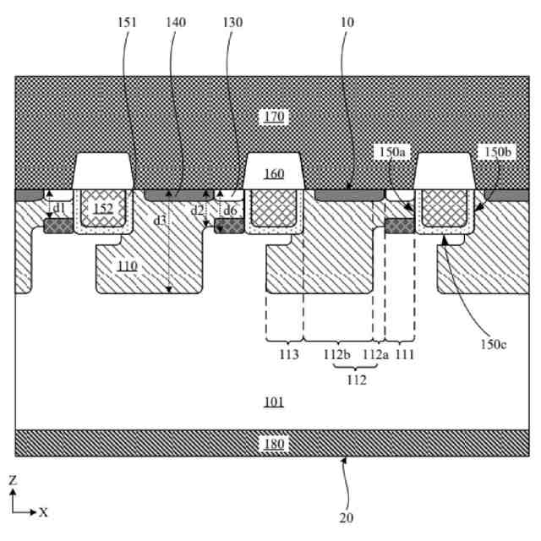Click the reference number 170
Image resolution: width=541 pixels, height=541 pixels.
click(x=273, y=117)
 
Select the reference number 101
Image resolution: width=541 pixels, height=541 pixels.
click(x=272, y=402)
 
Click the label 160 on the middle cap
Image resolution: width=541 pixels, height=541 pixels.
click(x=273, y=175)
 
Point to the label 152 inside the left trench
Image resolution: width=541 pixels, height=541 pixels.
click(x=103, y=208)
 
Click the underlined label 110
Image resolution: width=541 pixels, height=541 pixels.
click(x=128, y=265)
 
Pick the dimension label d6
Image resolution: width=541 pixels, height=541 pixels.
click(x=230, y=209)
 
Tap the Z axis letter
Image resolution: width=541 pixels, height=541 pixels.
click(x=14, y=479)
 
